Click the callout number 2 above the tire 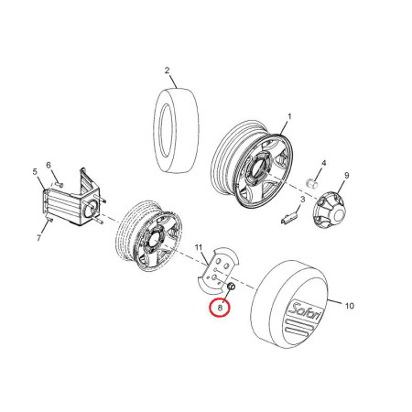coord(167,70)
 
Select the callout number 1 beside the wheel coord(289,117)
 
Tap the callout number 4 coord(324,163)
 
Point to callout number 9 coord(346,176)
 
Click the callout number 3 coord(302,200)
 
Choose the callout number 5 coord(35,172)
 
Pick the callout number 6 coord(49,165)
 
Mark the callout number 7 coord(38,238)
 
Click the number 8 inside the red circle coord(220,308)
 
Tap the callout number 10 coord(350,306)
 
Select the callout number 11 coord(199,247)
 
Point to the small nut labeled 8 coord(232,287)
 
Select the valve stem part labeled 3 coord(288,217)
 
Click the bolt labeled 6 coord(60,184)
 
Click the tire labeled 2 coord(176,131)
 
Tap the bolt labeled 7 coord(49,219)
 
